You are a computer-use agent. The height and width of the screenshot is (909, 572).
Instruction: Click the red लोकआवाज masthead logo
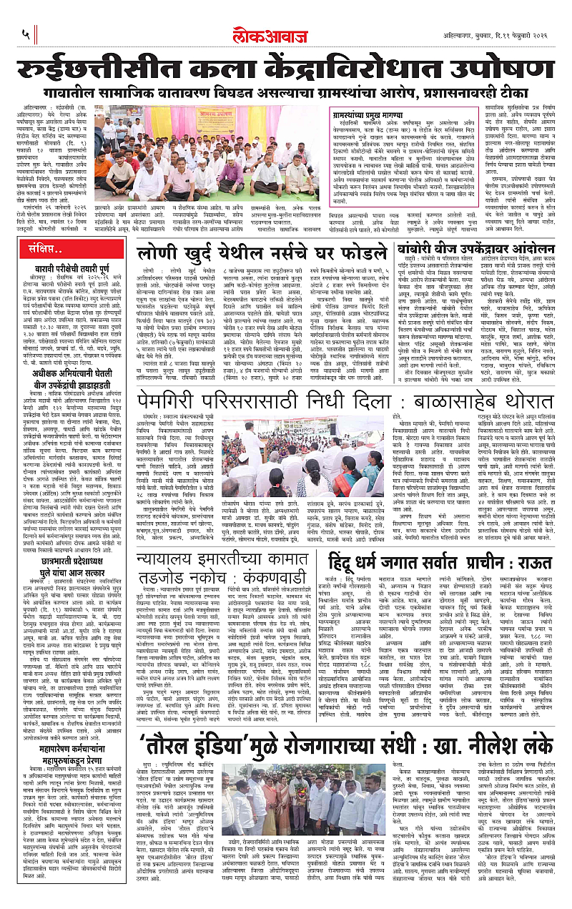coord(286,32)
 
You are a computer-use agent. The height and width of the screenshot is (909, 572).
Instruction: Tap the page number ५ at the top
coord(25,33)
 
